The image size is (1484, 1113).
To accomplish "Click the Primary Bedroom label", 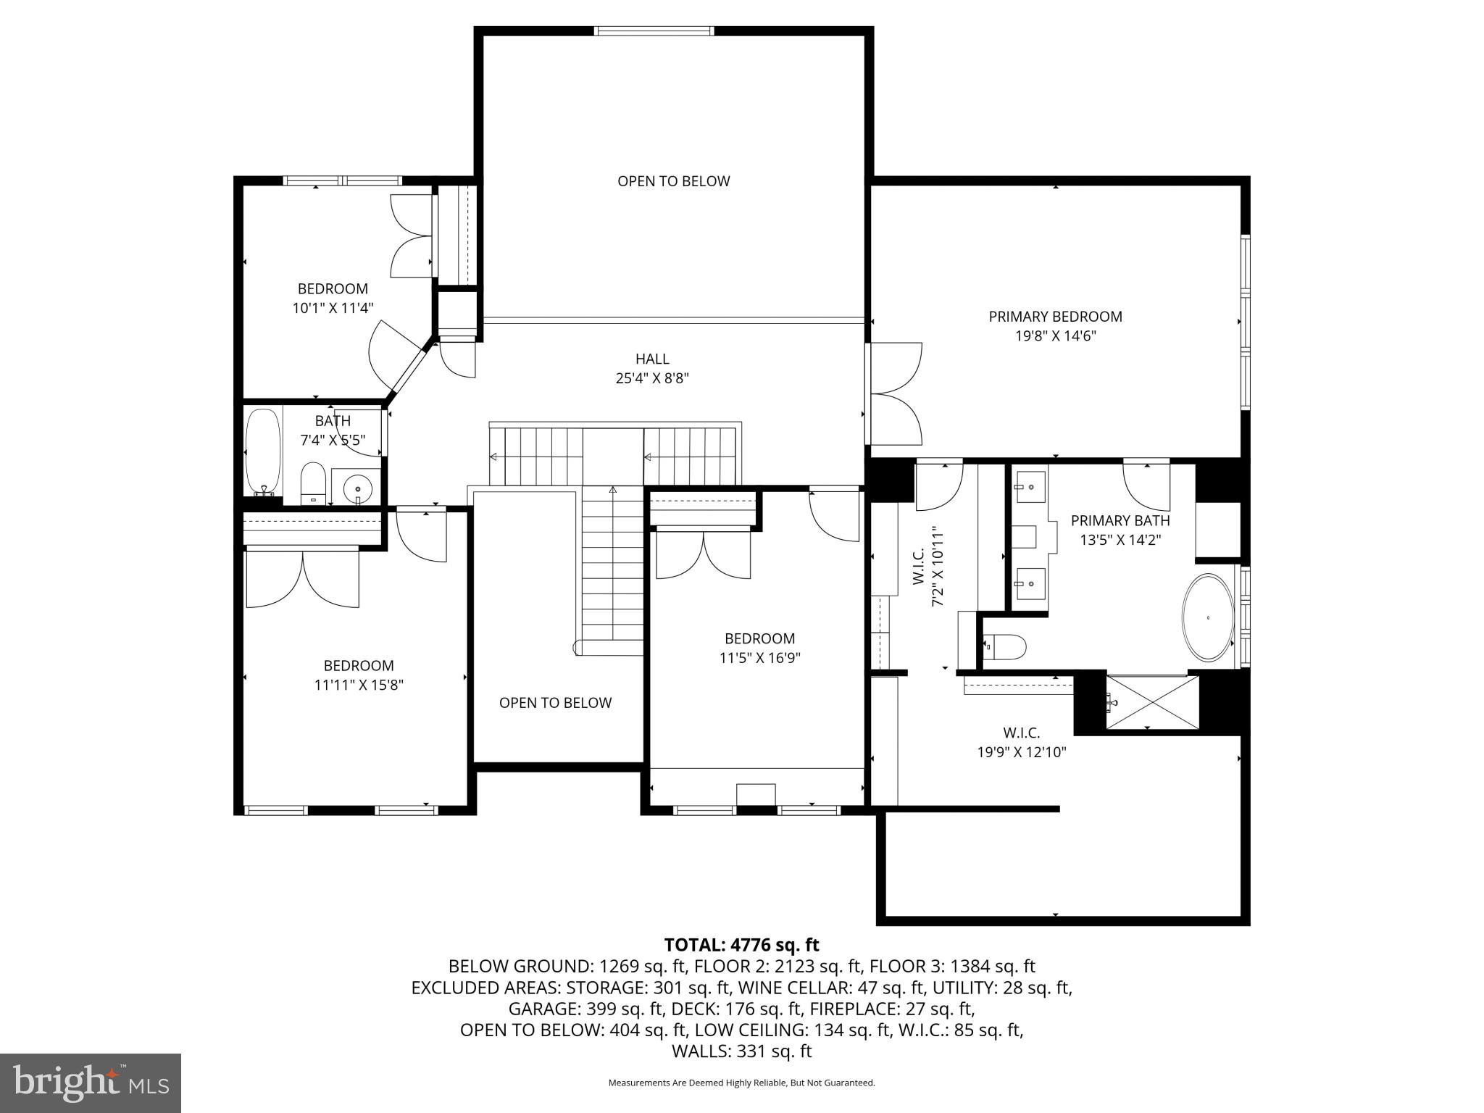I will tap(1055, 317).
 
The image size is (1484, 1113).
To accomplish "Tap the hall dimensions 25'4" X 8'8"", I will tap(651, 378).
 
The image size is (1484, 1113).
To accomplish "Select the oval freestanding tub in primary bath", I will tap(1207, 617).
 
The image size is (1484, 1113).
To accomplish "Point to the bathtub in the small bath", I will tap(262, 452).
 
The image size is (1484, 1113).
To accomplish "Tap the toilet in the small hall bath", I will tap(313, 481).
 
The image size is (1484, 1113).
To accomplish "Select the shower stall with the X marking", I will tap(1151, 701).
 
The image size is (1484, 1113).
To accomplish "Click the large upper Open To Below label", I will tap(673, 181).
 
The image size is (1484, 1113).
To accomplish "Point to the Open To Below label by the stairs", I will tap(555, 703).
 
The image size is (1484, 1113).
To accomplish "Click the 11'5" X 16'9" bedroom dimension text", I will tap(759, 658).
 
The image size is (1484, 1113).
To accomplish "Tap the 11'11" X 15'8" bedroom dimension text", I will tap(359, 685).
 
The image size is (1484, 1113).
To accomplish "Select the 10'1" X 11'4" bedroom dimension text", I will tap(333, 308).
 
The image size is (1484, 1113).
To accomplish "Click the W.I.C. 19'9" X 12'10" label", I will tap(1021, 743).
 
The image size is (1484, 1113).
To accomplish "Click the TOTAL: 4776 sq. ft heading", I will tap(741, 945).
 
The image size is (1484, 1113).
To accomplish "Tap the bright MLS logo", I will tap(90, 1083).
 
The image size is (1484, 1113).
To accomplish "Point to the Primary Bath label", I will tap(1120, 520).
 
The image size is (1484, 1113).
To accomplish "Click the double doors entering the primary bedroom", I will tap(895, 393).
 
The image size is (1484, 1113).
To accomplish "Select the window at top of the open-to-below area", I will tap(654, 31).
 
